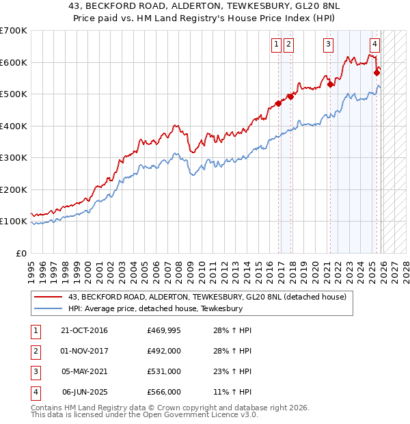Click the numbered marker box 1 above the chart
pos(277,45)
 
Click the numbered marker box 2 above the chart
pos(289,45)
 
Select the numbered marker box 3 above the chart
pos(328,45)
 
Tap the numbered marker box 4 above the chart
pos(374,45)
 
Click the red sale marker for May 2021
pos(330,84)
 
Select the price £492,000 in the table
pos(163,351)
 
